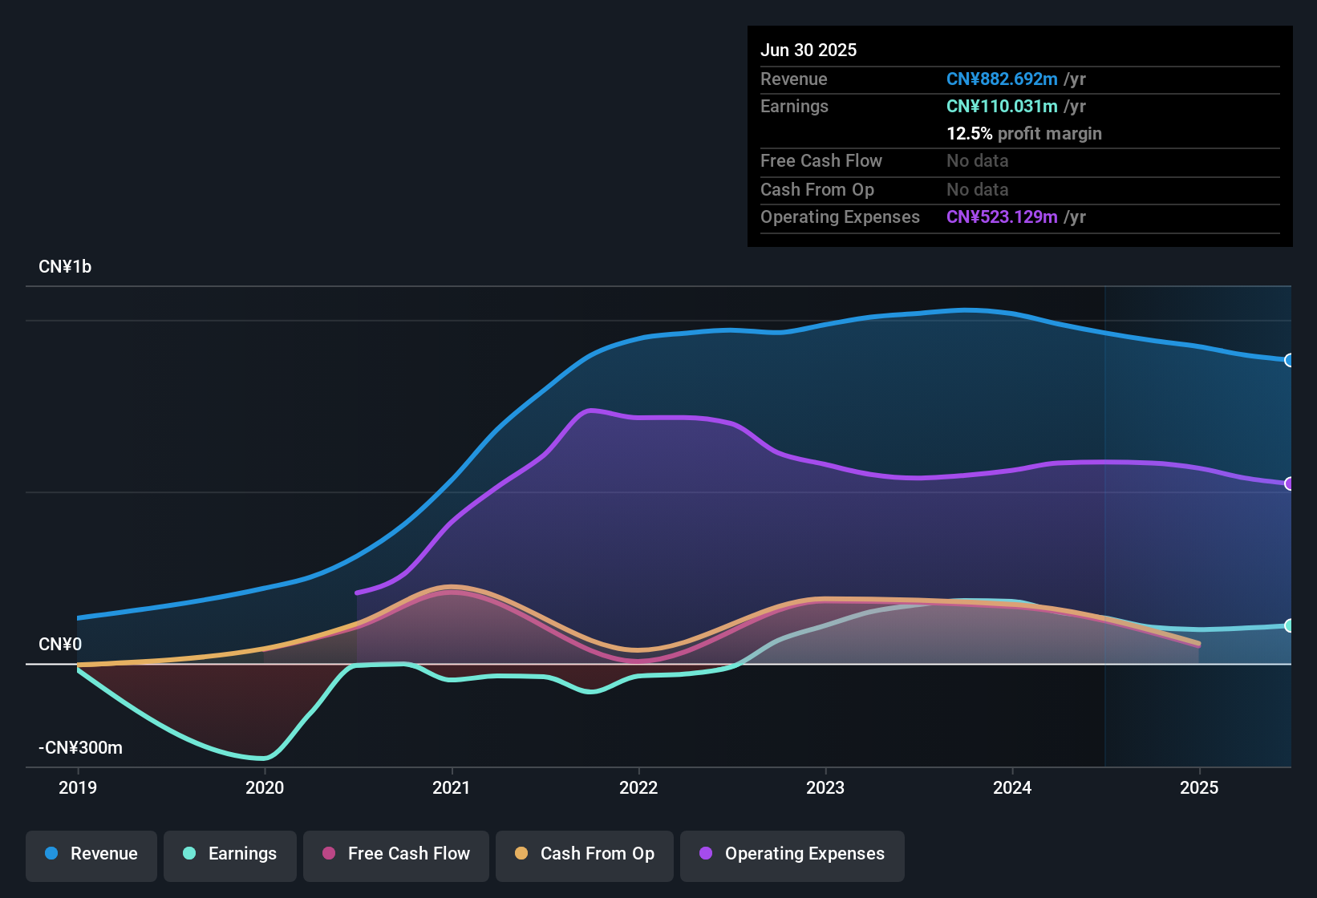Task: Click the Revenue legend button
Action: (x=91, y=854)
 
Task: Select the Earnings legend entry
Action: (x=230, y=854)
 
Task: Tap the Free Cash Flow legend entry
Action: (x=396, y=854)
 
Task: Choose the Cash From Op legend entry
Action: (x=585, y=854)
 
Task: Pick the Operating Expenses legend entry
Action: (x=792, y=854)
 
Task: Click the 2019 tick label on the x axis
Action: (x=78, y=787)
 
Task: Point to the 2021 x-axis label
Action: (x=452, y=787)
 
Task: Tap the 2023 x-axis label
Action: (x=825, y=787)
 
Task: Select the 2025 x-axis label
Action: (x=1199, y=787)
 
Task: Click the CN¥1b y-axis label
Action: (x=65, y=267)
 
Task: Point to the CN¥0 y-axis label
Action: (x=60, y=645)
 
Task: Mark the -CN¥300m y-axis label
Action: (x=80, y=748)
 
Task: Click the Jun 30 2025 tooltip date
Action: (x=808, y=51)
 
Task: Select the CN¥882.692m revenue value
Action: (x=1002, y=79)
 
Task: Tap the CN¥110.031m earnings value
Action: (x=1002, y=107)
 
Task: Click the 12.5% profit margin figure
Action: (x=969, y=134)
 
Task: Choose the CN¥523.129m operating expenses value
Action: (x=1002, y=217)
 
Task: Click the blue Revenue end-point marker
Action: (x=1289, y=360)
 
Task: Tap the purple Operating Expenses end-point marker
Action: (x=1289, y=483)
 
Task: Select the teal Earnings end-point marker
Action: (x=1289, y=625)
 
